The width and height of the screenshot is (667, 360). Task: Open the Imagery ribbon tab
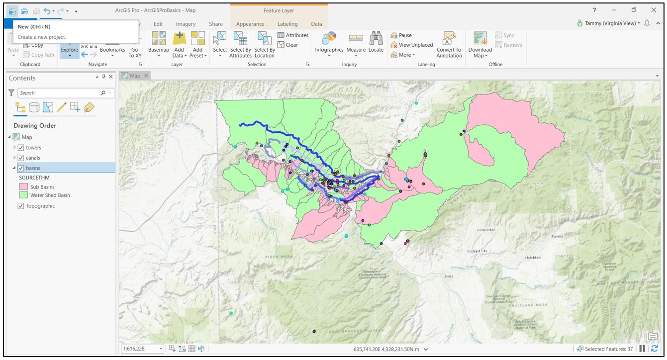point(186,24)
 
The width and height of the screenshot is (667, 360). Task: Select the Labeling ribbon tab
point(287,24)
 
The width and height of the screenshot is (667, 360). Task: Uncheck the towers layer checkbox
point(21,148)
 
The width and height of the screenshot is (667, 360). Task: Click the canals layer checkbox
point(21,158)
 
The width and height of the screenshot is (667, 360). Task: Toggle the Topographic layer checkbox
point(21,206)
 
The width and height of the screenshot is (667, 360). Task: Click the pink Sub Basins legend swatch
point(23,187)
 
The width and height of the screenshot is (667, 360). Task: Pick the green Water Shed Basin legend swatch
point(23,195)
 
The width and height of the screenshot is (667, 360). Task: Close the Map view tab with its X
point(146,76)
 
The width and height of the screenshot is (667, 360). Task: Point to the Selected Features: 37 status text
point(608,349)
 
